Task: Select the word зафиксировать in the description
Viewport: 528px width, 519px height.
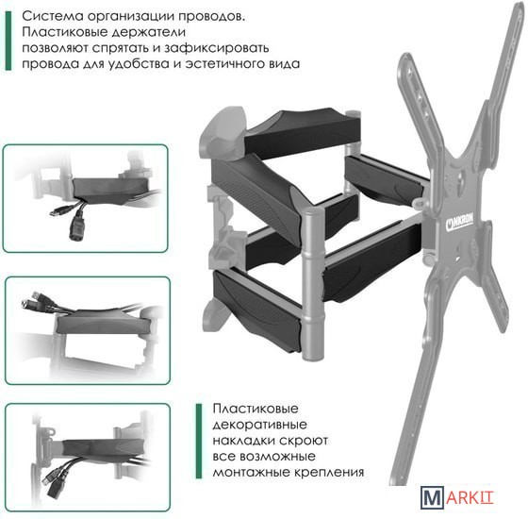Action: point(216,48)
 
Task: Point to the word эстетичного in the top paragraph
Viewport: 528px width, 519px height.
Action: point(224,64)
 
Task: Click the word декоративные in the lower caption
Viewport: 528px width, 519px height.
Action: point(259,425)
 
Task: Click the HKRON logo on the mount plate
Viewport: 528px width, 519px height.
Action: point(459,222)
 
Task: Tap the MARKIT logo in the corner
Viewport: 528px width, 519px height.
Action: point(456,497)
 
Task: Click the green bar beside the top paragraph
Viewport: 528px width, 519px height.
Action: point(8,41)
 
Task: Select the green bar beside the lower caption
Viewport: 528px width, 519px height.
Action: point(199,441)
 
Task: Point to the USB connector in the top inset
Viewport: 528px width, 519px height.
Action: point(60,210)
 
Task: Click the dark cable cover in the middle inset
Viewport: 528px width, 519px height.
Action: point(101,322)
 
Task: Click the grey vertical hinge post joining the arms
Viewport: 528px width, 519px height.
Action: point(314,283)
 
